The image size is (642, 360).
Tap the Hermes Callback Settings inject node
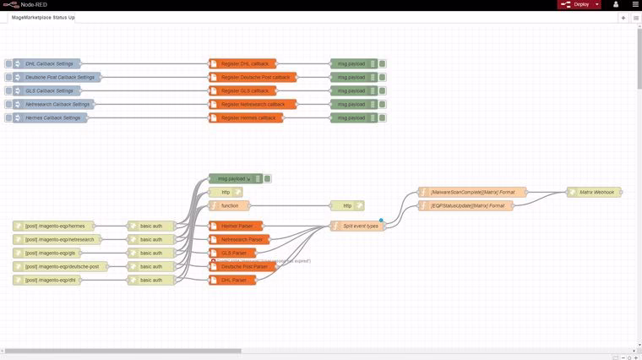(x=52, y=117)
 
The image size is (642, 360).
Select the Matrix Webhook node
(x=596, y=192)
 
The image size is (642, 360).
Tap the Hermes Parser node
(x=237, y=226)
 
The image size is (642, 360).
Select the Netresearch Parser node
(x=241, y=239)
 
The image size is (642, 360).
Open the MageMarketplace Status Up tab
(x=42, y=17)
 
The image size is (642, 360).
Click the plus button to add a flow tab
(x=623, y=17)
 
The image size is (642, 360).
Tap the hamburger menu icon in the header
(x=635, y=4)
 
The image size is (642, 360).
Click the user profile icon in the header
(x=616, y=4)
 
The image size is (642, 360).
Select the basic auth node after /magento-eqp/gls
(x=151, y=253)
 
